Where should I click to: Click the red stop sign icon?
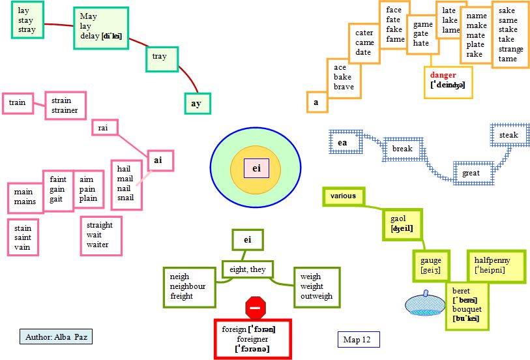click(x=256, y=307)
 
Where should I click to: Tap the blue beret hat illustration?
click(x=424, y=304)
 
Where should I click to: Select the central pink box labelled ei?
click(x=256, y=168)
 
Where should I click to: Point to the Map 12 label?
click(x=357, y=340)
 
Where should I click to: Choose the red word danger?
click(x=443, y=75)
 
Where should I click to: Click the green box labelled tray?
click(x=160, y=57)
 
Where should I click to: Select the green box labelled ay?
click(x=196, y=104)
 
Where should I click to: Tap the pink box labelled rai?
click(x=103, y=128)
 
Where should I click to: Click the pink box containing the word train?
click(x=18, y=103)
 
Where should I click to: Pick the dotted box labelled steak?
click(x=508, y=135)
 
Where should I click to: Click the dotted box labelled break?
click(x=403, y=149)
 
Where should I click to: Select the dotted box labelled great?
click(x=471, y=173)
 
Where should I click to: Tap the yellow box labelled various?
click(x=344, y=196)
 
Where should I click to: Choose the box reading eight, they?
click(x=248, y=269)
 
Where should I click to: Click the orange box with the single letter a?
click(x=316, y=102)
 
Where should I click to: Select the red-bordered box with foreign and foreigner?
click(x=252, y=339)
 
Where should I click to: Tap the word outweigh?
click(x=316, y=296)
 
